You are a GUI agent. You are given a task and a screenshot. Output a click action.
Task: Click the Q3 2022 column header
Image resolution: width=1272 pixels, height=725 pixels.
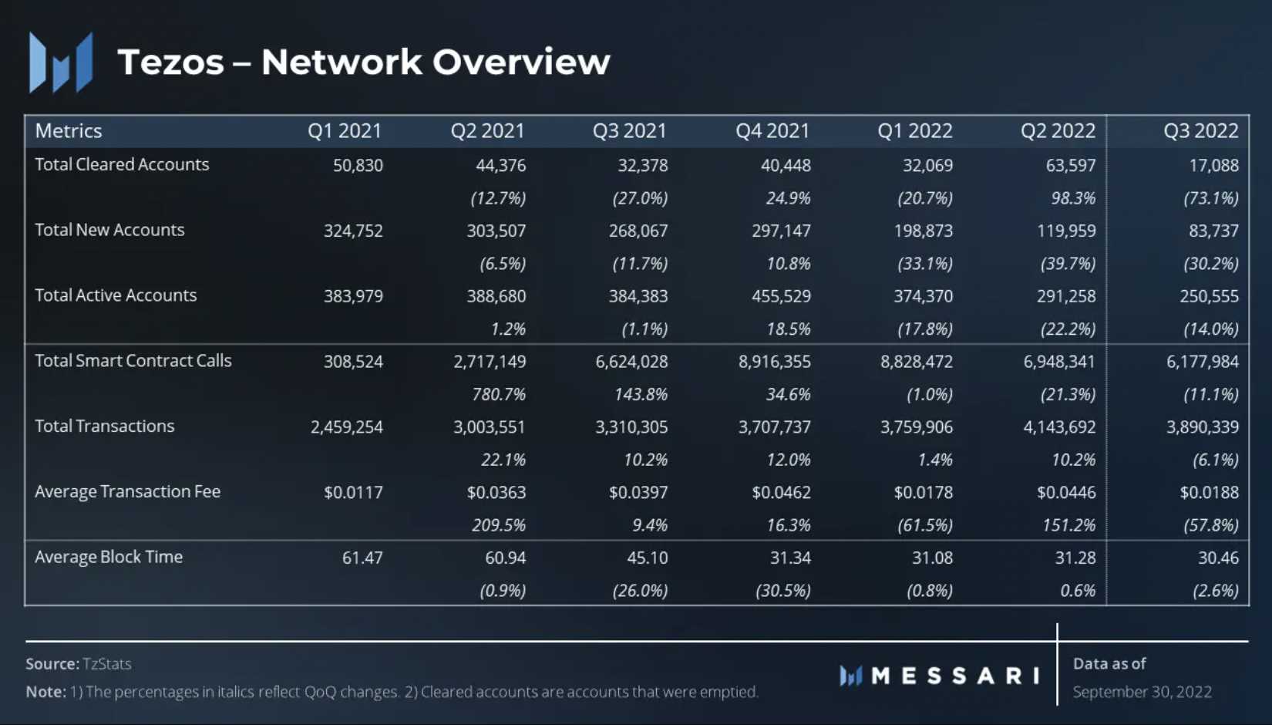pyautogui.click(x=1200, y=131)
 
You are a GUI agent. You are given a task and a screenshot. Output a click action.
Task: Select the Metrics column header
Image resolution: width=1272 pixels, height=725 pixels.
pyautogui.click(x=69, y=131)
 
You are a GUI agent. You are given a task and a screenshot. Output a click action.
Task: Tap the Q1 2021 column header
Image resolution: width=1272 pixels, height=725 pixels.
pyautogui.click(x=345, y=131)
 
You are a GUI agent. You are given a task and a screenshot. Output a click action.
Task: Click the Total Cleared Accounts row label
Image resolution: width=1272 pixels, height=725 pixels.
pyautogui.click(x=122, y=164)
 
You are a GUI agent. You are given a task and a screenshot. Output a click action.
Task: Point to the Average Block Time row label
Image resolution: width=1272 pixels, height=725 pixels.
pyautogui.click(x=109, y=557)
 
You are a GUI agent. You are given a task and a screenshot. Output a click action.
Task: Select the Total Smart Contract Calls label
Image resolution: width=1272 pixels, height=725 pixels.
pyautogui.click(x=133, y=361)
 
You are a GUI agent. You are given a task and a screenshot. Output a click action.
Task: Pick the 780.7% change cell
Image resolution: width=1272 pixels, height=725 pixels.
pyautogui.click(x=499, y=395)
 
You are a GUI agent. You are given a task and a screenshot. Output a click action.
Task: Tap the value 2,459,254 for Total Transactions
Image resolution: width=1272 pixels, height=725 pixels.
pyautogui.click(x=346, y=427)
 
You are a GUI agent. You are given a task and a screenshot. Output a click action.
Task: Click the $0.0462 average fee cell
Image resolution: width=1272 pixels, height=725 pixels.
pyautogui.click(x=781, y=493)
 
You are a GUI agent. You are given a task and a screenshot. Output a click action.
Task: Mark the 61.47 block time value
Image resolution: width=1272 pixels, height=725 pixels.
pyautogui.click(x=362, y=558)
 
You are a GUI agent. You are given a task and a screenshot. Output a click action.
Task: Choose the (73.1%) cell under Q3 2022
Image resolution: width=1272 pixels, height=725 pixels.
pyautogui.click(x=1211, y=198)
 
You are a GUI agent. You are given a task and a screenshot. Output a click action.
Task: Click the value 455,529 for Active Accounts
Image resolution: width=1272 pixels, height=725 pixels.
pyautogui.click(x=781, y=296)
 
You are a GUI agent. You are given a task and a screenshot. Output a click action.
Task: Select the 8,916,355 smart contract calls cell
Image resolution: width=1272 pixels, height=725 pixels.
pyautogui.click(x=774, y=362)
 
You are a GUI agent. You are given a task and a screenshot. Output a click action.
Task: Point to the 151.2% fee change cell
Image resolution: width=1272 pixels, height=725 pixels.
pyautogui.click(x=1068, y=525)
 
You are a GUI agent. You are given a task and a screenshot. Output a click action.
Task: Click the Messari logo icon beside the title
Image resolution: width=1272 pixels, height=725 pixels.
pyautogui.click(x=61, y=62)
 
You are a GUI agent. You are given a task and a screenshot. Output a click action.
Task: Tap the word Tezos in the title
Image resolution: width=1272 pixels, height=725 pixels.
pyautogui.click(x=170, y=62)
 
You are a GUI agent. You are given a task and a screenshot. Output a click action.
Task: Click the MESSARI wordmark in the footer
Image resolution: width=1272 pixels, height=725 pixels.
pyautogui.click(x=955, y=676)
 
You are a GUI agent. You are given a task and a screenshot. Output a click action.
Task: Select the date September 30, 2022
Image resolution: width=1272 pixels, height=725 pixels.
pyautogui.click(x=1142, y=692)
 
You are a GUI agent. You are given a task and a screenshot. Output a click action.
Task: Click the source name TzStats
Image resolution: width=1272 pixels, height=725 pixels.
pyautogui.click(x=107, y=664)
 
